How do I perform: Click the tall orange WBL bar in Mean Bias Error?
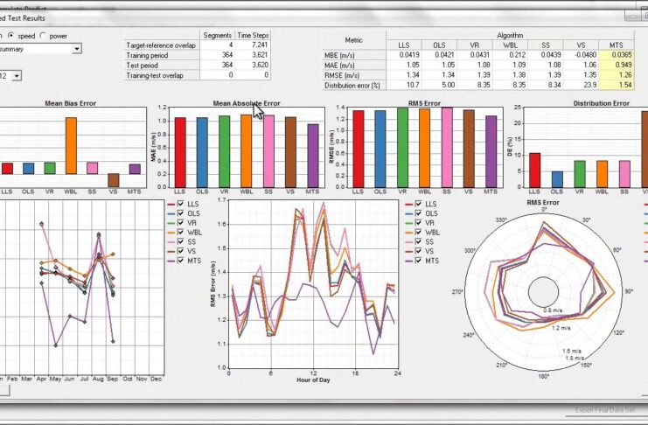coord(71,145)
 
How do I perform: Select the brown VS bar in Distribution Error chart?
coord(645,149)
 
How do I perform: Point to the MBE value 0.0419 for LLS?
coord(404,54)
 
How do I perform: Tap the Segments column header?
coord(217,35)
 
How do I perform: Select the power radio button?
coord(44,36)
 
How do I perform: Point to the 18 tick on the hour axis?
coord(355,373)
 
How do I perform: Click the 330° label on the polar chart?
coord(501,221)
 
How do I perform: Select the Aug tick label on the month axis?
coord(97,379)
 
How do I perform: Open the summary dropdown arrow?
coord(77,49)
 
